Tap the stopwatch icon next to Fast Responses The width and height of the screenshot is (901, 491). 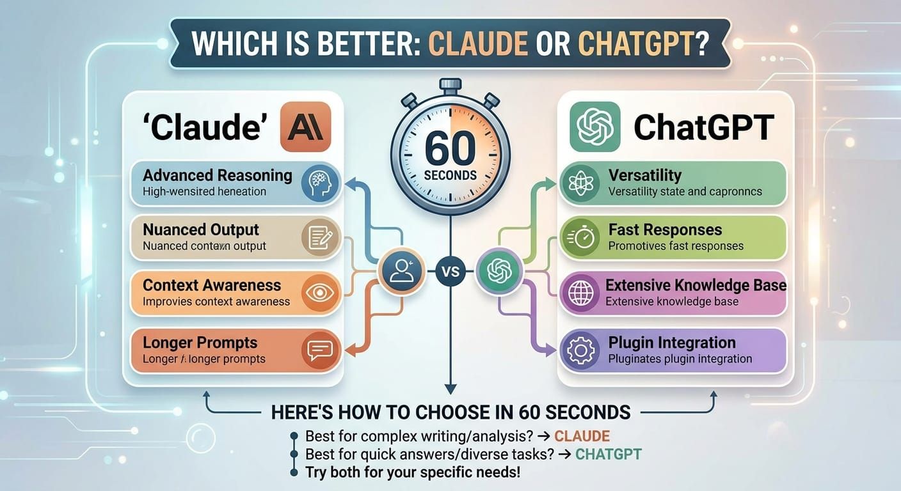pyautogui.click(x=580, y=238)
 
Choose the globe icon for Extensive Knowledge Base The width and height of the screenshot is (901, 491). pyautogui.click(x=580, y=294)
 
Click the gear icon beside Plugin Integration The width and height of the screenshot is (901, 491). pyautogui.click(x=580, y=350)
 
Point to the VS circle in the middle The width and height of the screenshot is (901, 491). pyautogui.click(x=450, y=271)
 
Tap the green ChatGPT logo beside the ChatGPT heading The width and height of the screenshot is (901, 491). pyautogui.click(x=595, y=127)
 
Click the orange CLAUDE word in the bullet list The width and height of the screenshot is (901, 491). pyautogui.click(x=582, y=437)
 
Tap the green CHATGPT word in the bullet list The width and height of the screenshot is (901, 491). pyautogui.click(x=608, y=455)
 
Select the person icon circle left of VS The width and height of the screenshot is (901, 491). pyautogui.click(x=401, y=271)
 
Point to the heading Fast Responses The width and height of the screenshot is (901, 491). pyautogui.click(x=665, y=230)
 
